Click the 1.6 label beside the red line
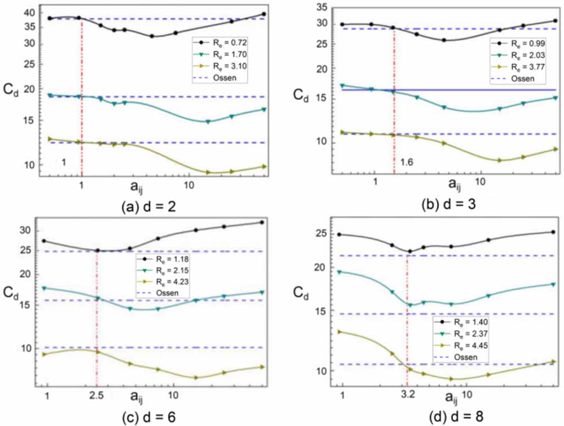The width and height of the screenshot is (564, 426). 407,163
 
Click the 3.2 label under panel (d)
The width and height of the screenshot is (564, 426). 408,394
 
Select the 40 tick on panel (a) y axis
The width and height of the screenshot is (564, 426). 30,13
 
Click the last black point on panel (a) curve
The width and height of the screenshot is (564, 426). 265,14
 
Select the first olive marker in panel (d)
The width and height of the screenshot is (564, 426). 340,332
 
